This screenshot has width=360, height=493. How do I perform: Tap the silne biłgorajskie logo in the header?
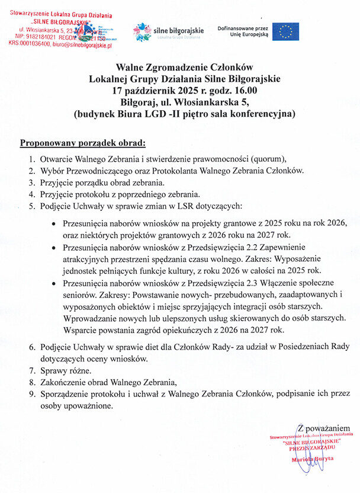pos(169,31)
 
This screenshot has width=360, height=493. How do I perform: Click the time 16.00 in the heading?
pos(245,91)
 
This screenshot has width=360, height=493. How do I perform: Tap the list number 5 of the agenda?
pos(32,206)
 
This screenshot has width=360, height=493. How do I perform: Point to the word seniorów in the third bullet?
pos(78,294)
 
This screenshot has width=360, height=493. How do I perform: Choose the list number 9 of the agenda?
pos(32,393)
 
